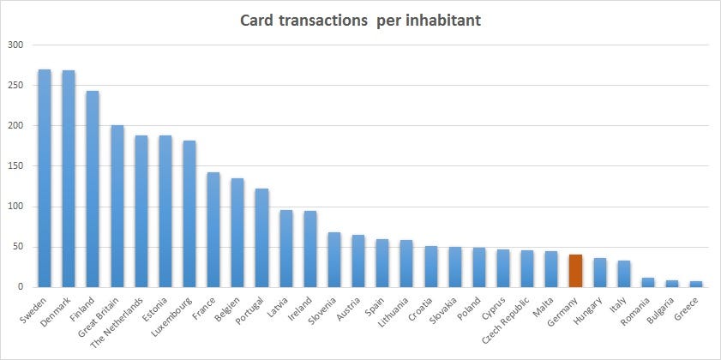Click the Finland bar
click(x=93, y=189)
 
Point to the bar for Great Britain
click(x=117, y=207)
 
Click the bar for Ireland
click(x=309, y=249)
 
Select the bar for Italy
click(x=624, y=273)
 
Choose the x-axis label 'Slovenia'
click(x=323, y=310)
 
